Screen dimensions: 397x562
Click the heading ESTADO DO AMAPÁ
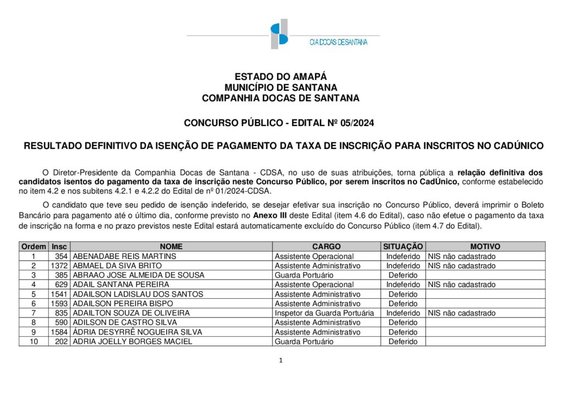[280, 77]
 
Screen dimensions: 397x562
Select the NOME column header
[171, 247]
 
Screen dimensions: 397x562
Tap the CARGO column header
[327, 247]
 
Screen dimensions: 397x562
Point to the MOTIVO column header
[485, 247]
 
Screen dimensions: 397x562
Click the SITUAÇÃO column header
[403, 247]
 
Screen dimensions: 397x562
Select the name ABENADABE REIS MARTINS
[125, 256]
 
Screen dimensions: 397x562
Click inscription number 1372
[59, 266]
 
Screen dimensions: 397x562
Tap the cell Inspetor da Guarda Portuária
[324, 313]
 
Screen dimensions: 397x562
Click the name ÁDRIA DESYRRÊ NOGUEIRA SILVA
[137, 332]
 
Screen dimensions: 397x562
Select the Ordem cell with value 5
[33, 294]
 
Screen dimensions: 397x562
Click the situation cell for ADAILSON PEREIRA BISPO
[403, 304]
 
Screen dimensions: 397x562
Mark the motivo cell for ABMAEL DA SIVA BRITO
[462, 266]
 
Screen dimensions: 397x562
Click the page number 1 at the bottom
[280, 360]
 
